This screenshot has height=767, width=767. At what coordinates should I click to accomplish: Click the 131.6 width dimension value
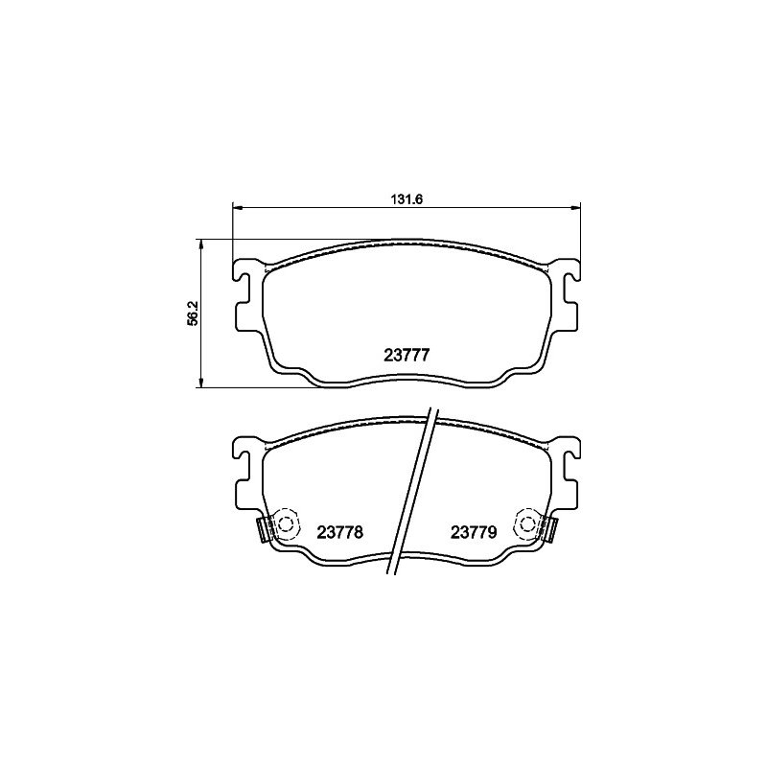tap(406, 199)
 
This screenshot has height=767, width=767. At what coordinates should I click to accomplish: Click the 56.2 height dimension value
tap(194, 314)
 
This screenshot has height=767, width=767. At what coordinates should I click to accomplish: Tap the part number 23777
tap(407, 355)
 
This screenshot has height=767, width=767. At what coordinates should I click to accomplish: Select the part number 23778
tap(340, 532)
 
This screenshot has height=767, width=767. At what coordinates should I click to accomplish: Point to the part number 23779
tap(474, 532)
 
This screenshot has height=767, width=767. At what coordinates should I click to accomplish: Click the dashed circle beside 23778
tap(286, 524)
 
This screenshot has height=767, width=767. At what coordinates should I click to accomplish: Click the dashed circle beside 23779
tap(526, 524)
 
